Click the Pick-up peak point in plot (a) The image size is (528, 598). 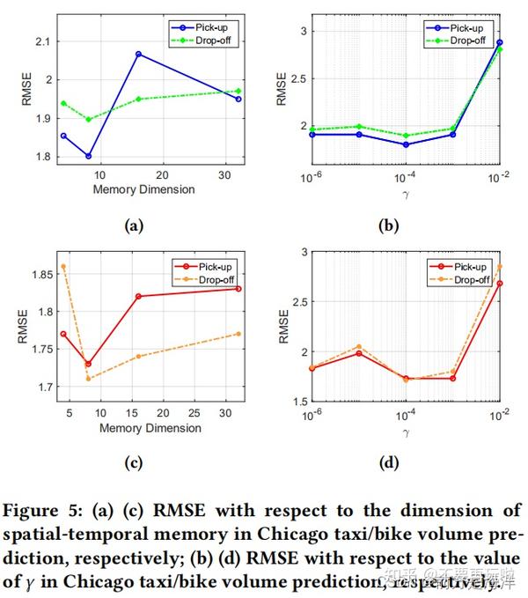pyautogui.click(x=138, y=54)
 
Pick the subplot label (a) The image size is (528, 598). pyautogui.click(x=134, y=225)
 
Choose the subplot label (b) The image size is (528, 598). pyautogui.click(x=388, y=225)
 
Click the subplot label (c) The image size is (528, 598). pyautogui.click(x=134, y=463)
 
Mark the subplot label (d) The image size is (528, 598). pyautogui.click(x=388, y=463)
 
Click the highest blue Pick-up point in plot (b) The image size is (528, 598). pyautogui.click(x=500, y=42)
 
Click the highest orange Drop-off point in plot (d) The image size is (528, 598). pyautogui.click(x=500, y=266)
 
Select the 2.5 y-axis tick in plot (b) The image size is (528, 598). pyautogui.click(x=295, y=79)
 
